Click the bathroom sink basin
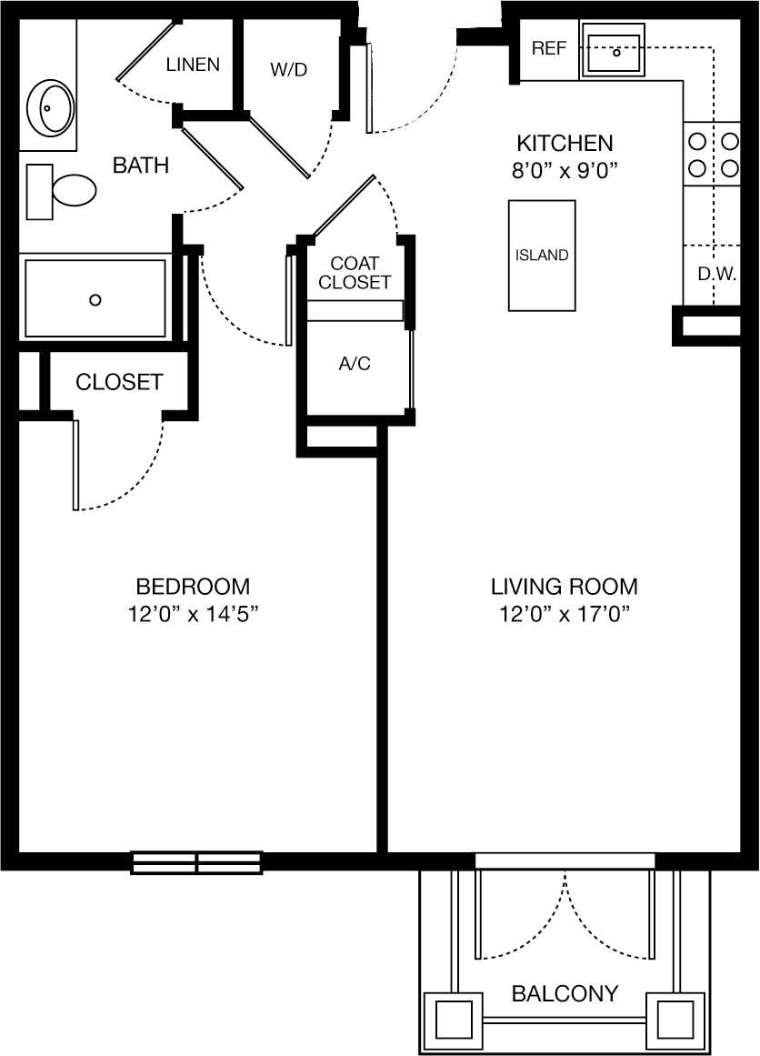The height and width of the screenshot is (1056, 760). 50,107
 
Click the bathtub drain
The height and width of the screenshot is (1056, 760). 95,299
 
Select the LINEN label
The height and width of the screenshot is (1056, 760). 194,65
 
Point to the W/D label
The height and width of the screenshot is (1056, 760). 289,69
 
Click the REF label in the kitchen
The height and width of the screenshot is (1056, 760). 548,48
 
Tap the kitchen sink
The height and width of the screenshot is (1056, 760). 614,50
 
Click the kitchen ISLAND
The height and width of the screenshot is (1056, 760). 542,256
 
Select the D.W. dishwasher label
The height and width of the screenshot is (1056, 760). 716,275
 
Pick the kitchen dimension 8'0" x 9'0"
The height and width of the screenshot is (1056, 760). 565,171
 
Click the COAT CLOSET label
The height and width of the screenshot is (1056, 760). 355,273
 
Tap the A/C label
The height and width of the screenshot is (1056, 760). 355,364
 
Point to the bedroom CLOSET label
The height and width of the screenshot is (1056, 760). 119,382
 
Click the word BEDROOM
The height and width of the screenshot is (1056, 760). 194,587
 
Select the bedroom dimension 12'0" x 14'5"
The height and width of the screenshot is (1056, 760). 194,614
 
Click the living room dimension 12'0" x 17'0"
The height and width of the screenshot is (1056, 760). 565,614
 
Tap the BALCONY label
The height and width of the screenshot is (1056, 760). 565,993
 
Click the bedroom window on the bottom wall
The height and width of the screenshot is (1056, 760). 196,862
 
